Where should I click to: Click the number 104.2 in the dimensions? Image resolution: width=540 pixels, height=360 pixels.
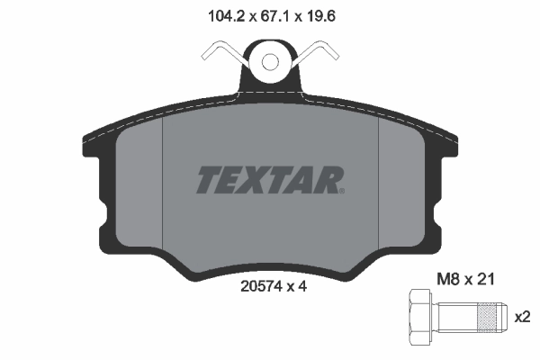[x=214, y=15]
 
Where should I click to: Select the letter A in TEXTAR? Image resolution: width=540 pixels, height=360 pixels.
[x=302, y=180]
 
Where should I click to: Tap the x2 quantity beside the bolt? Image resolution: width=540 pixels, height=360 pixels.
[x=521, y=317]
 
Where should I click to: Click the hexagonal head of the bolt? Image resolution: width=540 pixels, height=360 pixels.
[x=418, y=316]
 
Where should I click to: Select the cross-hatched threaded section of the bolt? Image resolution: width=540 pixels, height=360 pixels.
[x=487, y=316]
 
